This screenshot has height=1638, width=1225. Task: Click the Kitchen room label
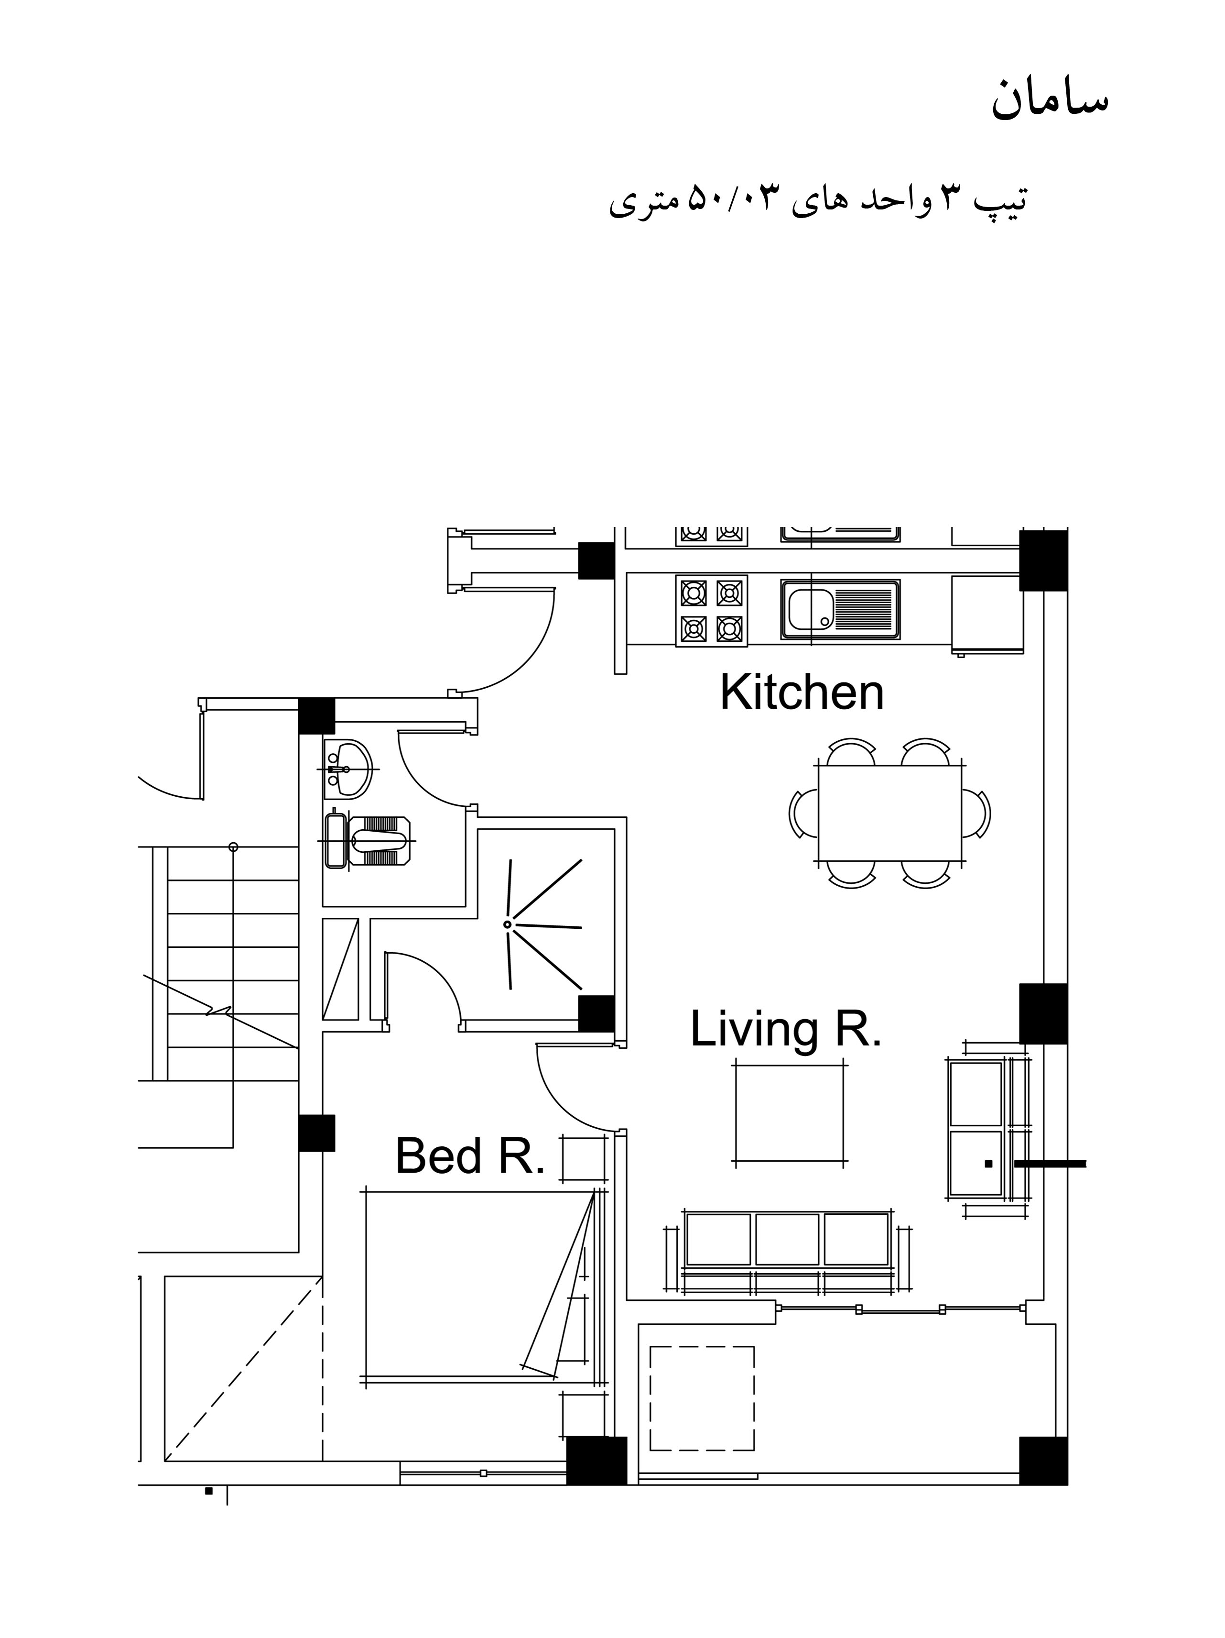click(x=802, y=693)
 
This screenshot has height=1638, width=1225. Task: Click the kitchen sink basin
click(x=811, y=609)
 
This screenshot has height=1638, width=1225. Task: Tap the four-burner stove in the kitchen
click(x=711, y=610)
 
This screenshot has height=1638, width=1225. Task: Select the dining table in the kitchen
click(x=889, y=813)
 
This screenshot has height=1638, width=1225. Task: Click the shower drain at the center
click(x=507, y=924)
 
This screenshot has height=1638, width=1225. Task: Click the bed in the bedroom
click(x=481, y=1285)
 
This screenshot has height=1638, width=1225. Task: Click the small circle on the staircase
click(x=233, y=846)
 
